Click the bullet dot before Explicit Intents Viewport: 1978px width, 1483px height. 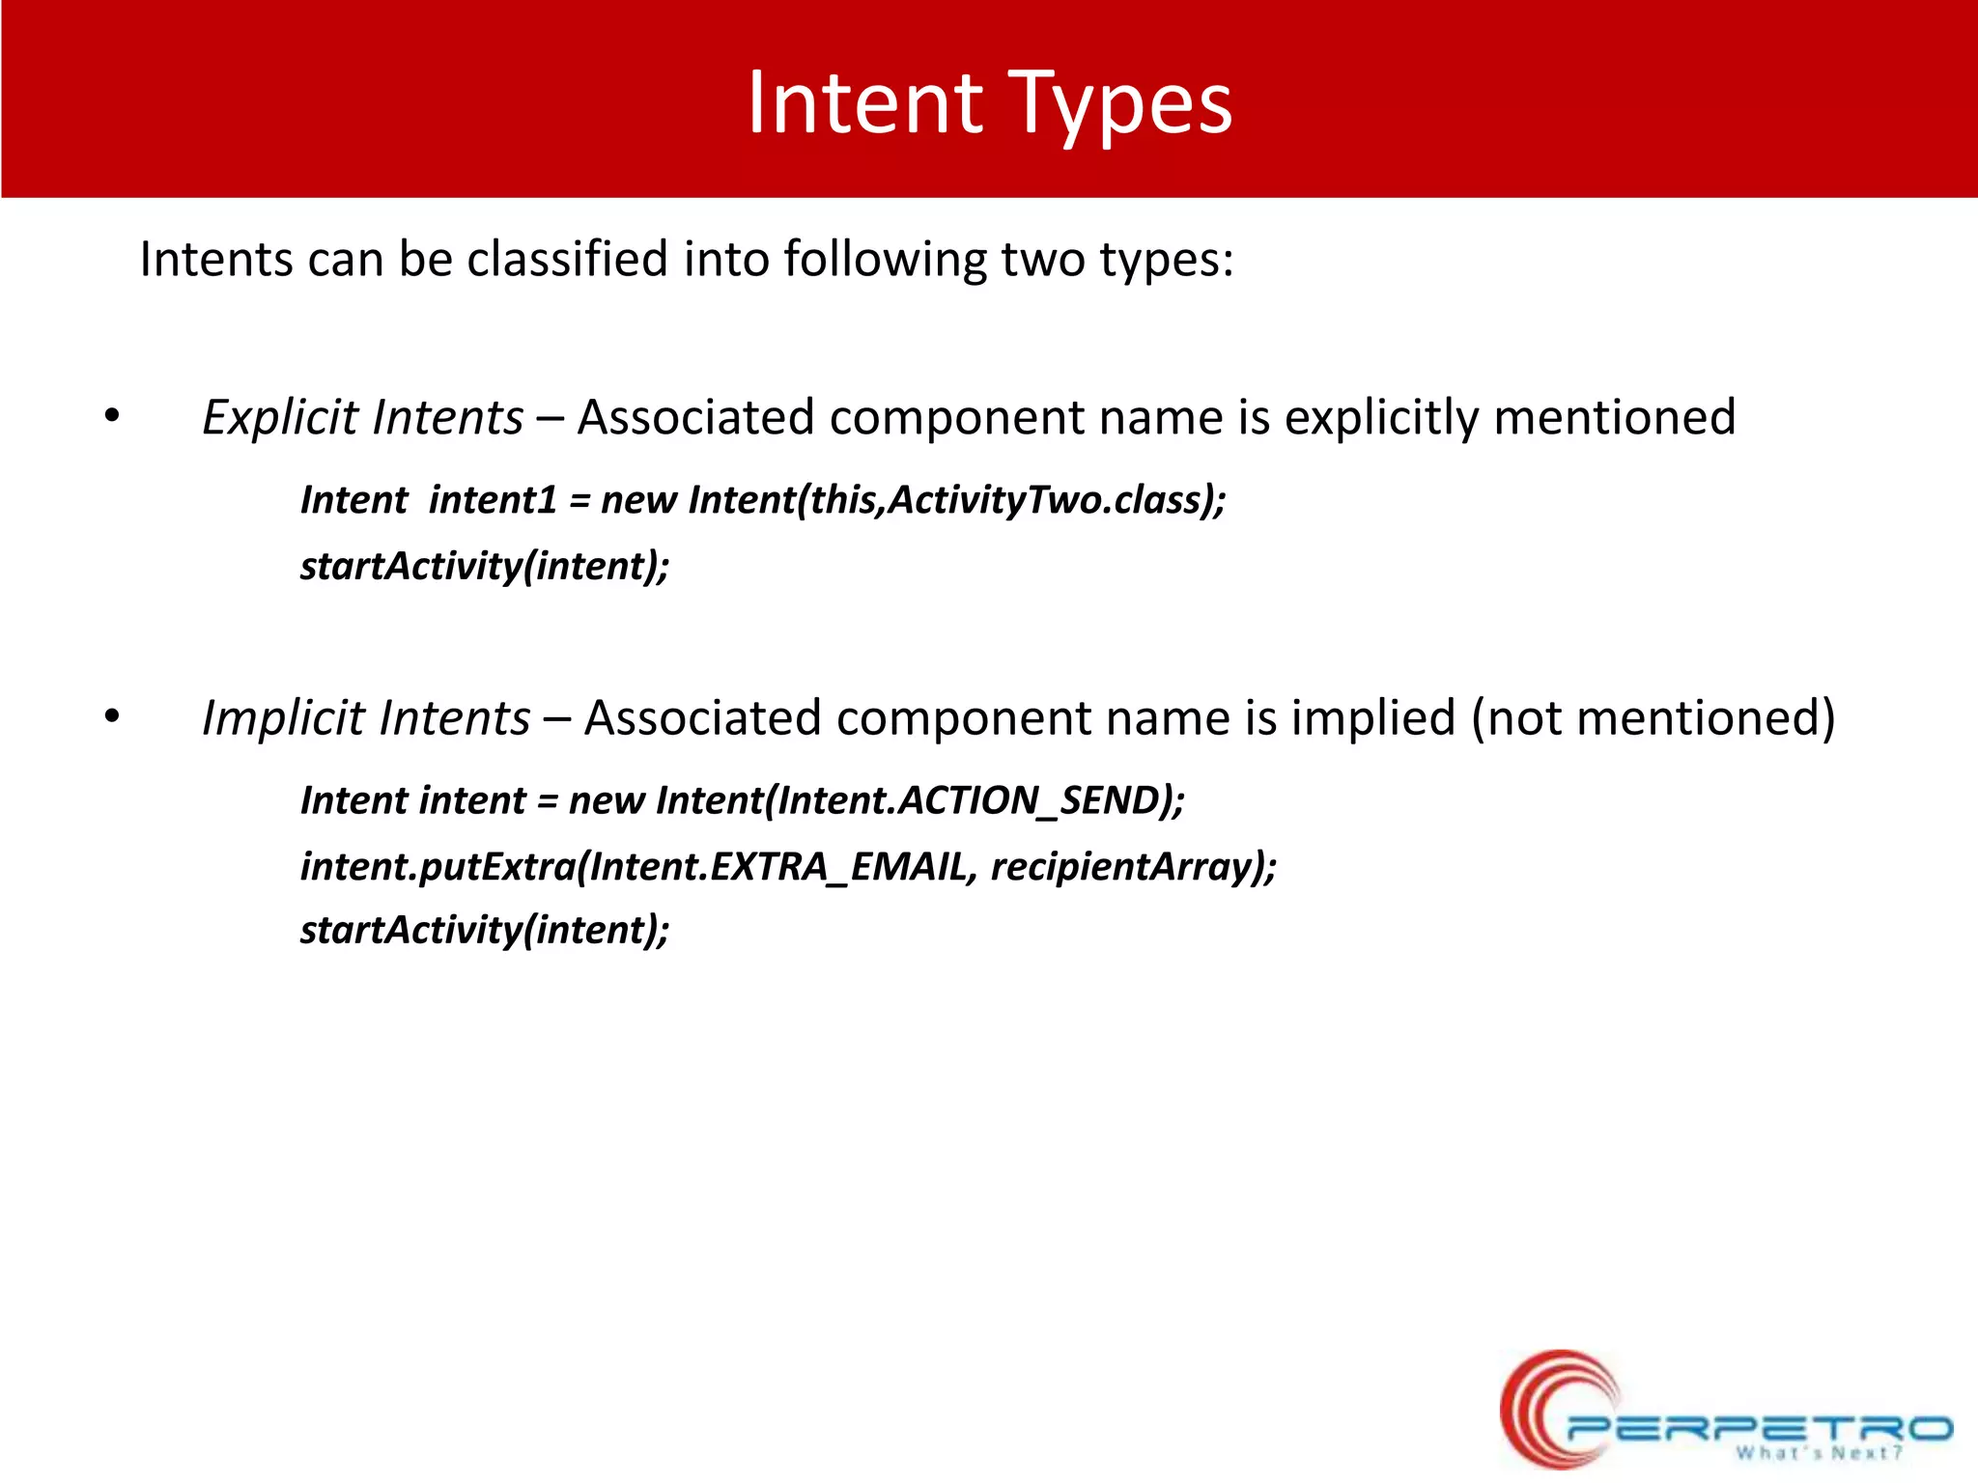(112, 417)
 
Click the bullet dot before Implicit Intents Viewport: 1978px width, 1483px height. (112, 717)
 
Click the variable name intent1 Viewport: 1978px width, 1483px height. (493, 500)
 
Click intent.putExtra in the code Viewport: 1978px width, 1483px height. (438, 866)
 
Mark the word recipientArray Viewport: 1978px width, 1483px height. (1122, 866)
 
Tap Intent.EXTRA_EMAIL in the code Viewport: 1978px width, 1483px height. (778, 866)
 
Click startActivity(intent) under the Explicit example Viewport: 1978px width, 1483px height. (483, 566)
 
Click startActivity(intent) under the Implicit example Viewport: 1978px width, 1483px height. (483, 930)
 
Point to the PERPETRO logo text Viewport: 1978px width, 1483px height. (1758, 1428)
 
